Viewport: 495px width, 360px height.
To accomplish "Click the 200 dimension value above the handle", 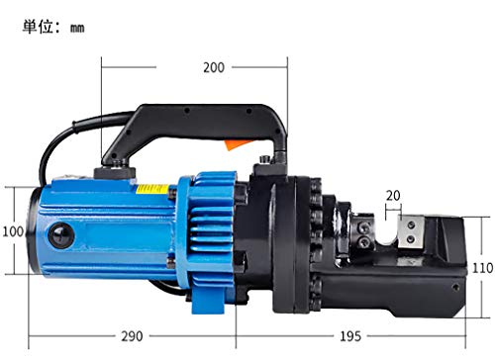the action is [x=214, y=67].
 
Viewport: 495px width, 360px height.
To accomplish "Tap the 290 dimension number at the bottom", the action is [x=132, y=336].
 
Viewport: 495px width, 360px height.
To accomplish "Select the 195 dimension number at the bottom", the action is [x=350, y=336].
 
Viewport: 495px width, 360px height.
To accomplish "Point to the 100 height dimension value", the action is [x=13, y=231].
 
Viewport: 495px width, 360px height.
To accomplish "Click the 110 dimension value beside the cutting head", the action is [x=482, y=268].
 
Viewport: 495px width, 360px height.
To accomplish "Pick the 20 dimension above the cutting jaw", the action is [x=393, y=196].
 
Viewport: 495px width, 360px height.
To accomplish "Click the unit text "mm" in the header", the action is [x=77, y=29].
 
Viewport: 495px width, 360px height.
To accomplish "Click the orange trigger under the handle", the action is [x=237, y=144].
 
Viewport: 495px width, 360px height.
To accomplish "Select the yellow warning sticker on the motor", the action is [x=152, y=189].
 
